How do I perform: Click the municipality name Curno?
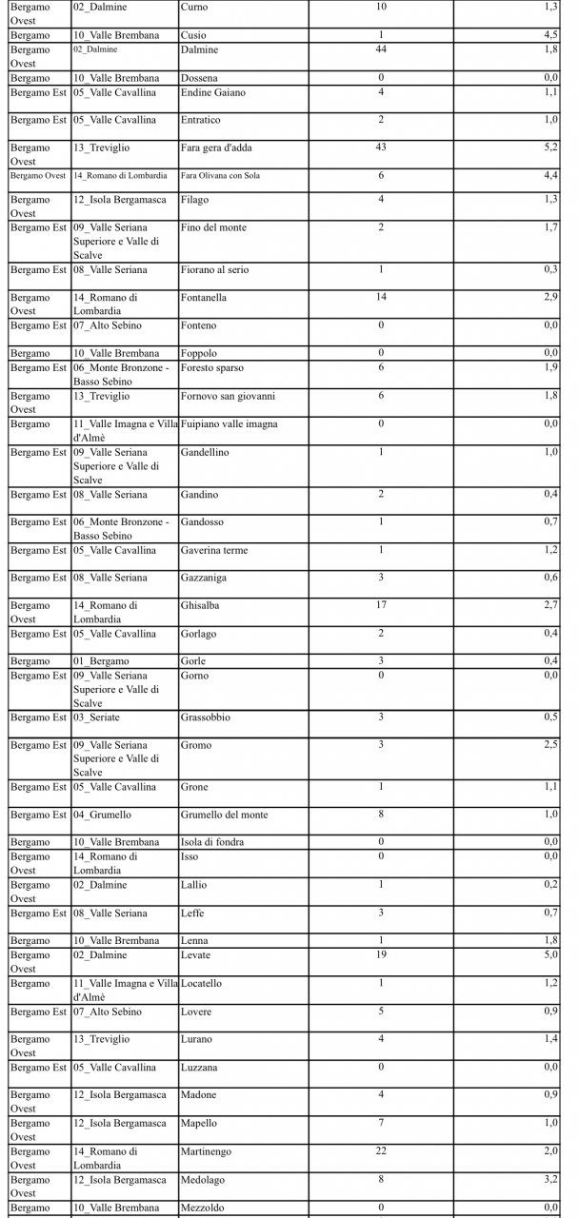coord(193,7)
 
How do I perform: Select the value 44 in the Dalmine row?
coord(381,49)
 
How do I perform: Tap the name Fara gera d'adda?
coord(215,147)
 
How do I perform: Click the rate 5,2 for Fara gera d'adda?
coord(551,147)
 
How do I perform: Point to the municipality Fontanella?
coord(204,298)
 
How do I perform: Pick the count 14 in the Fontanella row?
coord(381,298)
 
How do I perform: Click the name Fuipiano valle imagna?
coord(229,424)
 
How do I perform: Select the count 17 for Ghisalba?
coord(381,605)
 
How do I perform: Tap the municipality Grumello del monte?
coord(224,815)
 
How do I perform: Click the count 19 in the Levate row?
coord(381,955)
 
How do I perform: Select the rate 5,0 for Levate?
coord(551,955)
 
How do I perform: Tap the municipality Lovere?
coord(196,1012)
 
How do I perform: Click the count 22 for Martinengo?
coord(381,1151)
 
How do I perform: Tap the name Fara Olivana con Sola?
coord(220,176)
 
